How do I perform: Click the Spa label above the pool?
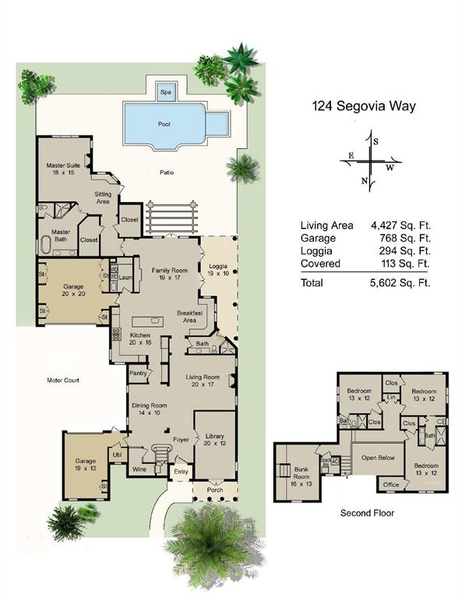click(165, 92)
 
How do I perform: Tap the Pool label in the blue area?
click(164, 123)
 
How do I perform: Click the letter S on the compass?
click(375, 142)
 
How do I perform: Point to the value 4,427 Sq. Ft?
click(400, 225)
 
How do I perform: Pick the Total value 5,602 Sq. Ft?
click(400, 282)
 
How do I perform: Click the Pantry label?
click(139, 374)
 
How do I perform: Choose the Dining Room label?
click(149, 409)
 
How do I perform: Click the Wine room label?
click(139, 470)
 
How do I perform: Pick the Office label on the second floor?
click(391, 485)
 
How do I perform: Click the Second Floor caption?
click(367, 513)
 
